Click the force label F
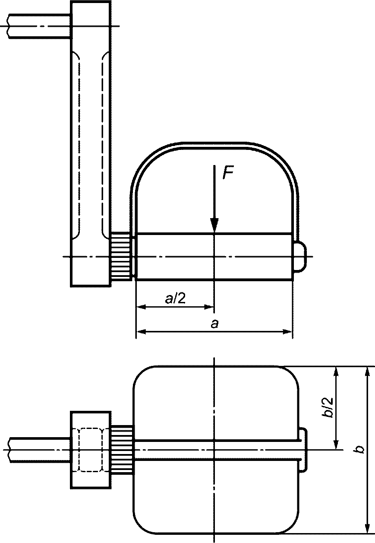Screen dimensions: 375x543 point(228,173)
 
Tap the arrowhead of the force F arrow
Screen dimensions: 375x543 point(214,225)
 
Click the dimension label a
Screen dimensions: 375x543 point(214,324)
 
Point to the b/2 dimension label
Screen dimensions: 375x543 point(328,407)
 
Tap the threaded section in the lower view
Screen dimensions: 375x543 point(122,450)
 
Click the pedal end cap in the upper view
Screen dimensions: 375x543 point(300,257)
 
